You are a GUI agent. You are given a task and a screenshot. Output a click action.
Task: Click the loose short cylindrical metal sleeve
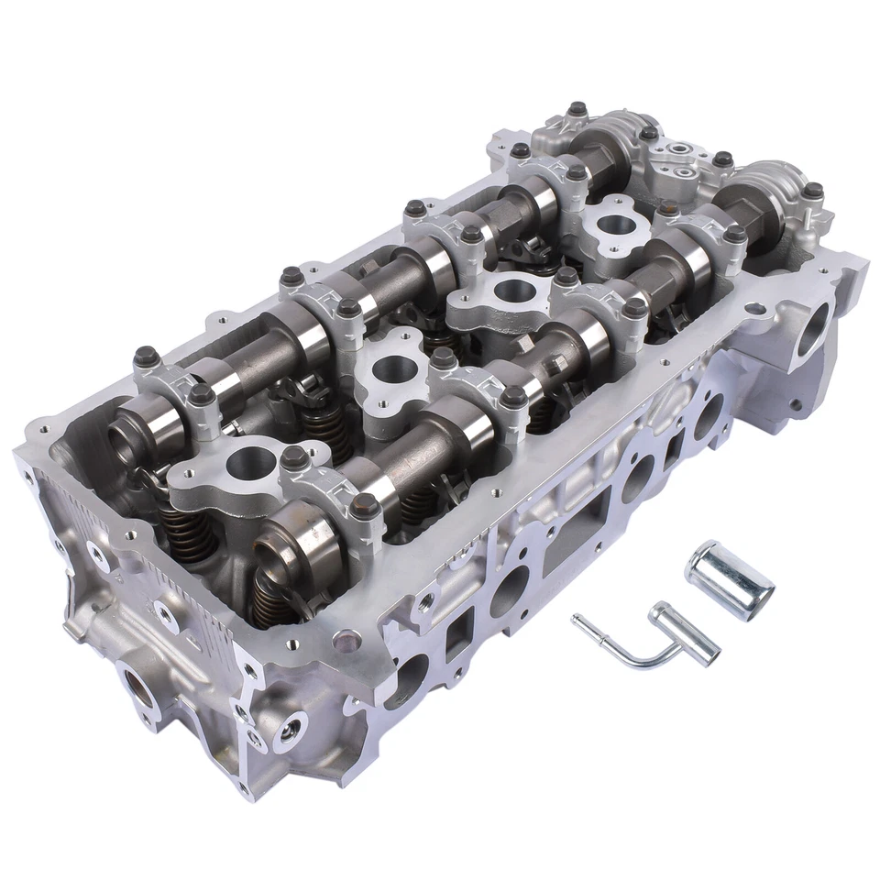pyautogui.click(x=729, y=579)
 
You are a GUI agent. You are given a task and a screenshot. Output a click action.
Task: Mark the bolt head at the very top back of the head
pyautogui.click(x=576, y=111)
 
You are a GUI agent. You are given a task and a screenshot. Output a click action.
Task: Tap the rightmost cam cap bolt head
pyautogui.click(x=813, y=191)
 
